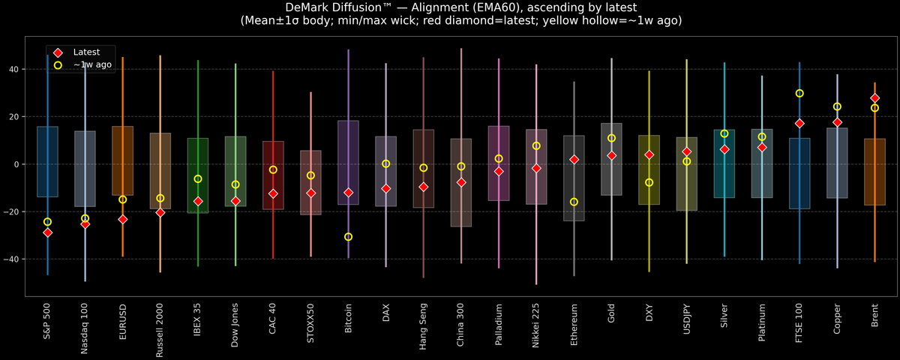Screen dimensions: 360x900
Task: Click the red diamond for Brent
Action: point(874,98)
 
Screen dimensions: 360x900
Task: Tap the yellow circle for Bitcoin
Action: point(348,237)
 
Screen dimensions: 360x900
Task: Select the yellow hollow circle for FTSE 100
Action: point(799,94)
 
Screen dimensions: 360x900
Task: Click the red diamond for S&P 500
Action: point(47,232)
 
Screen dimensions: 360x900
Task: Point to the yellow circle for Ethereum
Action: point(574,202)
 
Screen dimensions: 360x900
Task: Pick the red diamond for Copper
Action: point(837,122)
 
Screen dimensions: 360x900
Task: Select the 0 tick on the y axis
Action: point(17,164)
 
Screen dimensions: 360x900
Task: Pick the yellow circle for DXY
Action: point(649,182)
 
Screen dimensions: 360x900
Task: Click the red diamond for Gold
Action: point(611,155)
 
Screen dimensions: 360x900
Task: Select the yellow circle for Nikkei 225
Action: point(536,146)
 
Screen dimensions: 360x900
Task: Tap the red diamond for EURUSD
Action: point(122,219)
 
